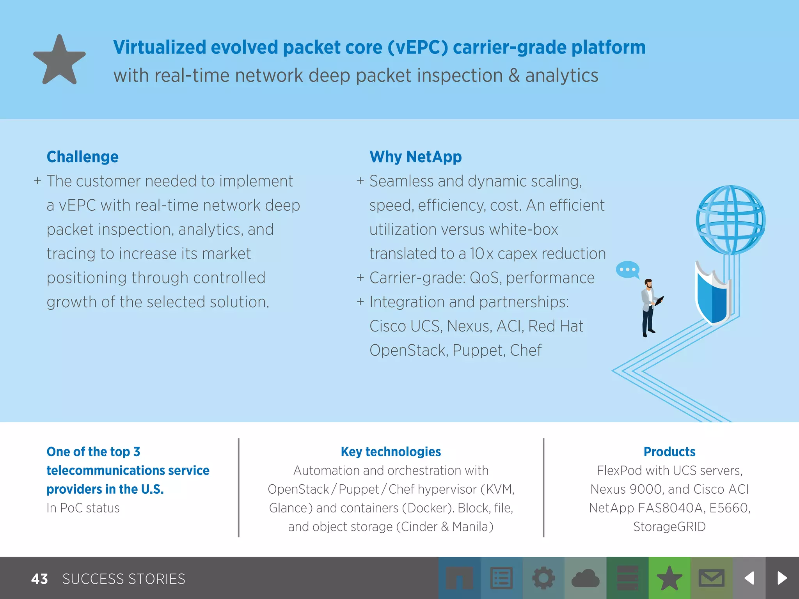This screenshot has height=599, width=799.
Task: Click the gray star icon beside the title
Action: [x=59, y=60]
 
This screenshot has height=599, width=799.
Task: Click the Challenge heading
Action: [x=82, y=157]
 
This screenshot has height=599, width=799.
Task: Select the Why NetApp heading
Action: [x=415, y=157]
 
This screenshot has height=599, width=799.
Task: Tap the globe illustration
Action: [x=730, y=220]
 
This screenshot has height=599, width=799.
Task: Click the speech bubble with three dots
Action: [x=627, y=269]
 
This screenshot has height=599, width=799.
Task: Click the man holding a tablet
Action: [x=650, y=308]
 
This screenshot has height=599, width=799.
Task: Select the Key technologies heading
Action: [x=391, y=452]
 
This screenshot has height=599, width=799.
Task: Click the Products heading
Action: [x=669, y=452]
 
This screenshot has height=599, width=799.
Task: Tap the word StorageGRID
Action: [x=669, y=526]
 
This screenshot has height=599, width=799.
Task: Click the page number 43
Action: [x=39, y=579]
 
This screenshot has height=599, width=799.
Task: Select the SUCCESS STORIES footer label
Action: [x=124, y=579]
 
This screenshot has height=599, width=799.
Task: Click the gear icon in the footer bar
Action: [x=543, y=578]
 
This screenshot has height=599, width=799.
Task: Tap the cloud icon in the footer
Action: [x=585, y=578]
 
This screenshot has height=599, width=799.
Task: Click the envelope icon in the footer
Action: [x=711, y=578]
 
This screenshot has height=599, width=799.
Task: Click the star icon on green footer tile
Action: [x=669, y=578]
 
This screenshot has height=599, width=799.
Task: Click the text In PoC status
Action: [x=83, y=508]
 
